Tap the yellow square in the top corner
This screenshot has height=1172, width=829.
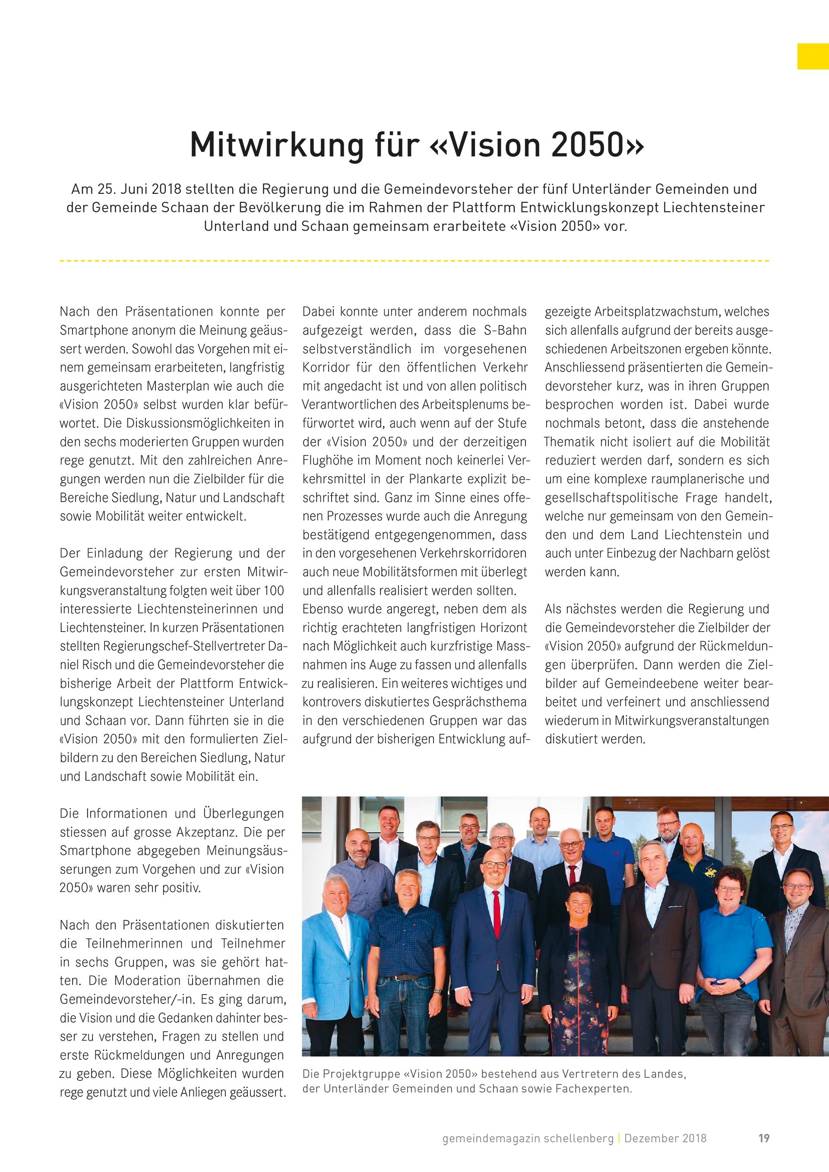(x=813, y=56)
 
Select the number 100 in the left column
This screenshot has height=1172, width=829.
(x=274, y=591)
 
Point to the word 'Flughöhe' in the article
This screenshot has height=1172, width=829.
(x=328, y=461)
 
